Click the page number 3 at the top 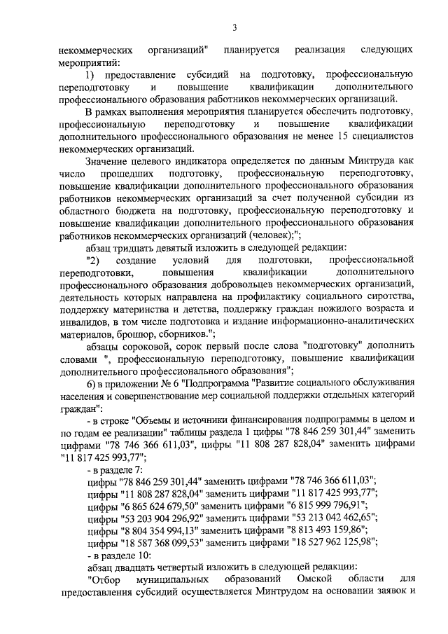pyautogui.click(x=235, y=27)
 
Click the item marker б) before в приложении pyautogui.click(x=89, y=385)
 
